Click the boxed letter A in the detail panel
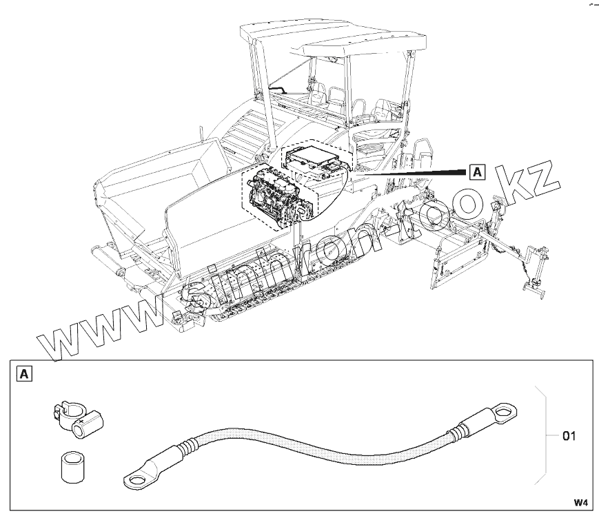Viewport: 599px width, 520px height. click(24, 375)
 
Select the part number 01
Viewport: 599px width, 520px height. click(569, 436)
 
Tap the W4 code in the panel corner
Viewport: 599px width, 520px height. click(581, 501)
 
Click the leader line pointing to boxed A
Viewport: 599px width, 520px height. click(414, 172)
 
